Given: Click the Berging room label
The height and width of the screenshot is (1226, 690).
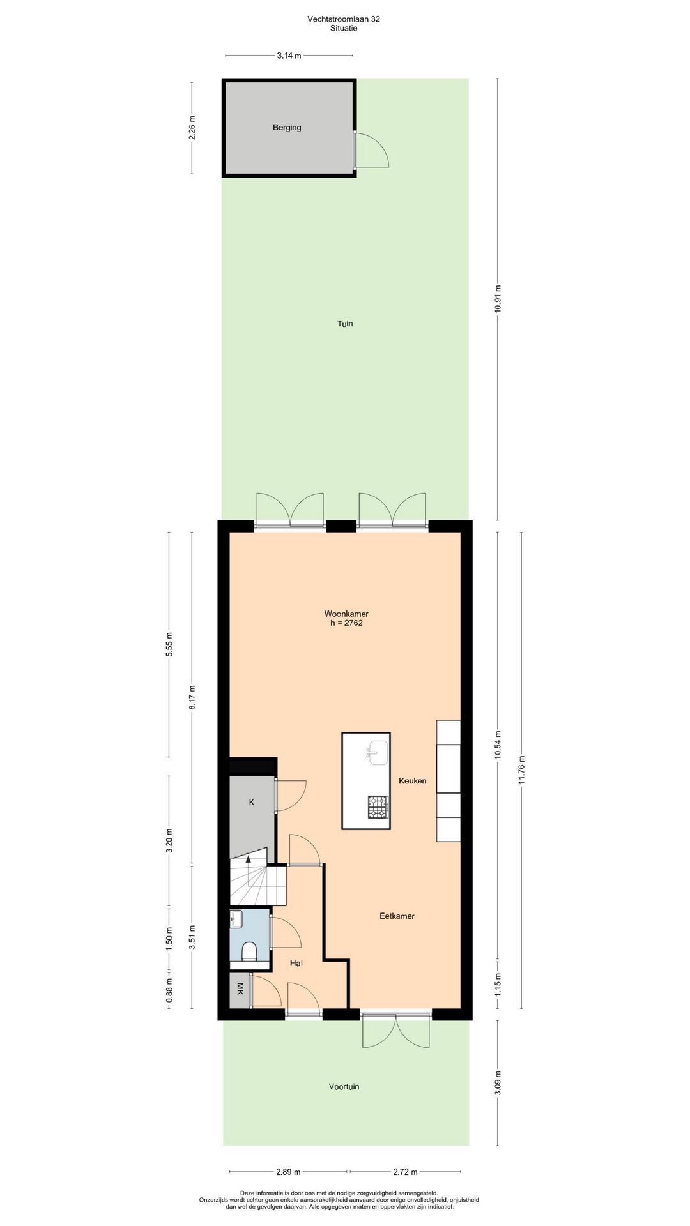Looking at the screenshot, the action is (287, 128).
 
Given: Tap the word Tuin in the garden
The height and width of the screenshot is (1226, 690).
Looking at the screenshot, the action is (345, 324).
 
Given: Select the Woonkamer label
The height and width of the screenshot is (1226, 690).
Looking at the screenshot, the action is (346, 614).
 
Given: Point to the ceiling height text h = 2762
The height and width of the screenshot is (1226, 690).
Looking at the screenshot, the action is (346, 623).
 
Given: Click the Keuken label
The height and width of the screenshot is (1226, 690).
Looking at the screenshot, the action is (413, 781).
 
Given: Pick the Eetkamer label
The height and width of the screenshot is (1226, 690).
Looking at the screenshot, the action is (397, 916).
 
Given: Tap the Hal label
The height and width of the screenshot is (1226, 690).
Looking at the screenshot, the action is (296, 963).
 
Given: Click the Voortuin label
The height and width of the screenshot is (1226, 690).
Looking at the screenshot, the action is (344, 1086).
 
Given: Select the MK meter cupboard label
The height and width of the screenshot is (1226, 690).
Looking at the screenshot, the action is (240, 990).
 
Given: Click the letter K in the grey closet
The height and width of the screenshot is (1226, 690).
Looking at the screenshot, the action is (252, 803).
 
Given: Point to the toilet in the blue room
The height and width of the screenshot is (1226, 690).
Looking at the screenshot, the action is (250, 951).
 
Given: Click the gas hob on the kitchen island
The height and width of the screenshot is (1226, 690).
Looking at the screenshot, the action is (378, 806).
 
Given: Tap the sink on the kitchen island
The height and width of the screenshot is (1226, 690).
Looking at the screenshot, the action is (378, 752).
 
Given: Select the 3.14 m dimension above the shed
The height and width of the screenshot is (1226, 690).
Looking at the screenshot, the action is (289, 56).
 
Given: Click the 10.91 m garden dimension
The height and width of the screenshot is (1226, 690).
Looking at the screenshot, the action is (498, 298).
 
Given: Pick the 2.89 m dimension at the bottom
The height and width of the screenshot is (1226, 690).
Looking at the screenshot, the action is (288, 1172).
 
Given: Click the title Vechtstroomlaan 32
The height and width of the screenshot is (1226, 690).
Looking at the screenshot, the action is (344, 19).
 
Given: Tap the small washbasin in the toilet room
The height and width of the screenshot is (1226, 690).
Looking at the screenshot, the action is (236, 920).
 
